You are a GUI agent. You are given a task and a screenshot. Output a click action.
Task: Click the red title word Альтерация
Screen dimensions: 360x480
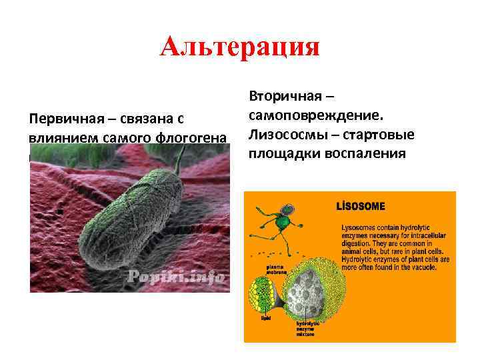pyautogui.click(x=240, y=48)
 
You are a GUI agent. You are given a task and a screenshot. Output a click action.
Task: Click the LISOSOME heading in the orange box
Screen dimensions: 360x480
pyautogui.click(x=361, y=207)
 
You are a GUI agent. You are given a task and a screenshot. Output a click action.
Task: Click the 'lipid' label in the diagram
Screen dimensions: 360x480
pyautogui.click(x=265, y=319)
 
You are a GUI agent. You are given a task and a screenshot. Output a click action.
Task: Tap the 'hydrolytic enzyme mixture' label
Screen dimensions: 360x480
pyautogui.click(x=308, y=327)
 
